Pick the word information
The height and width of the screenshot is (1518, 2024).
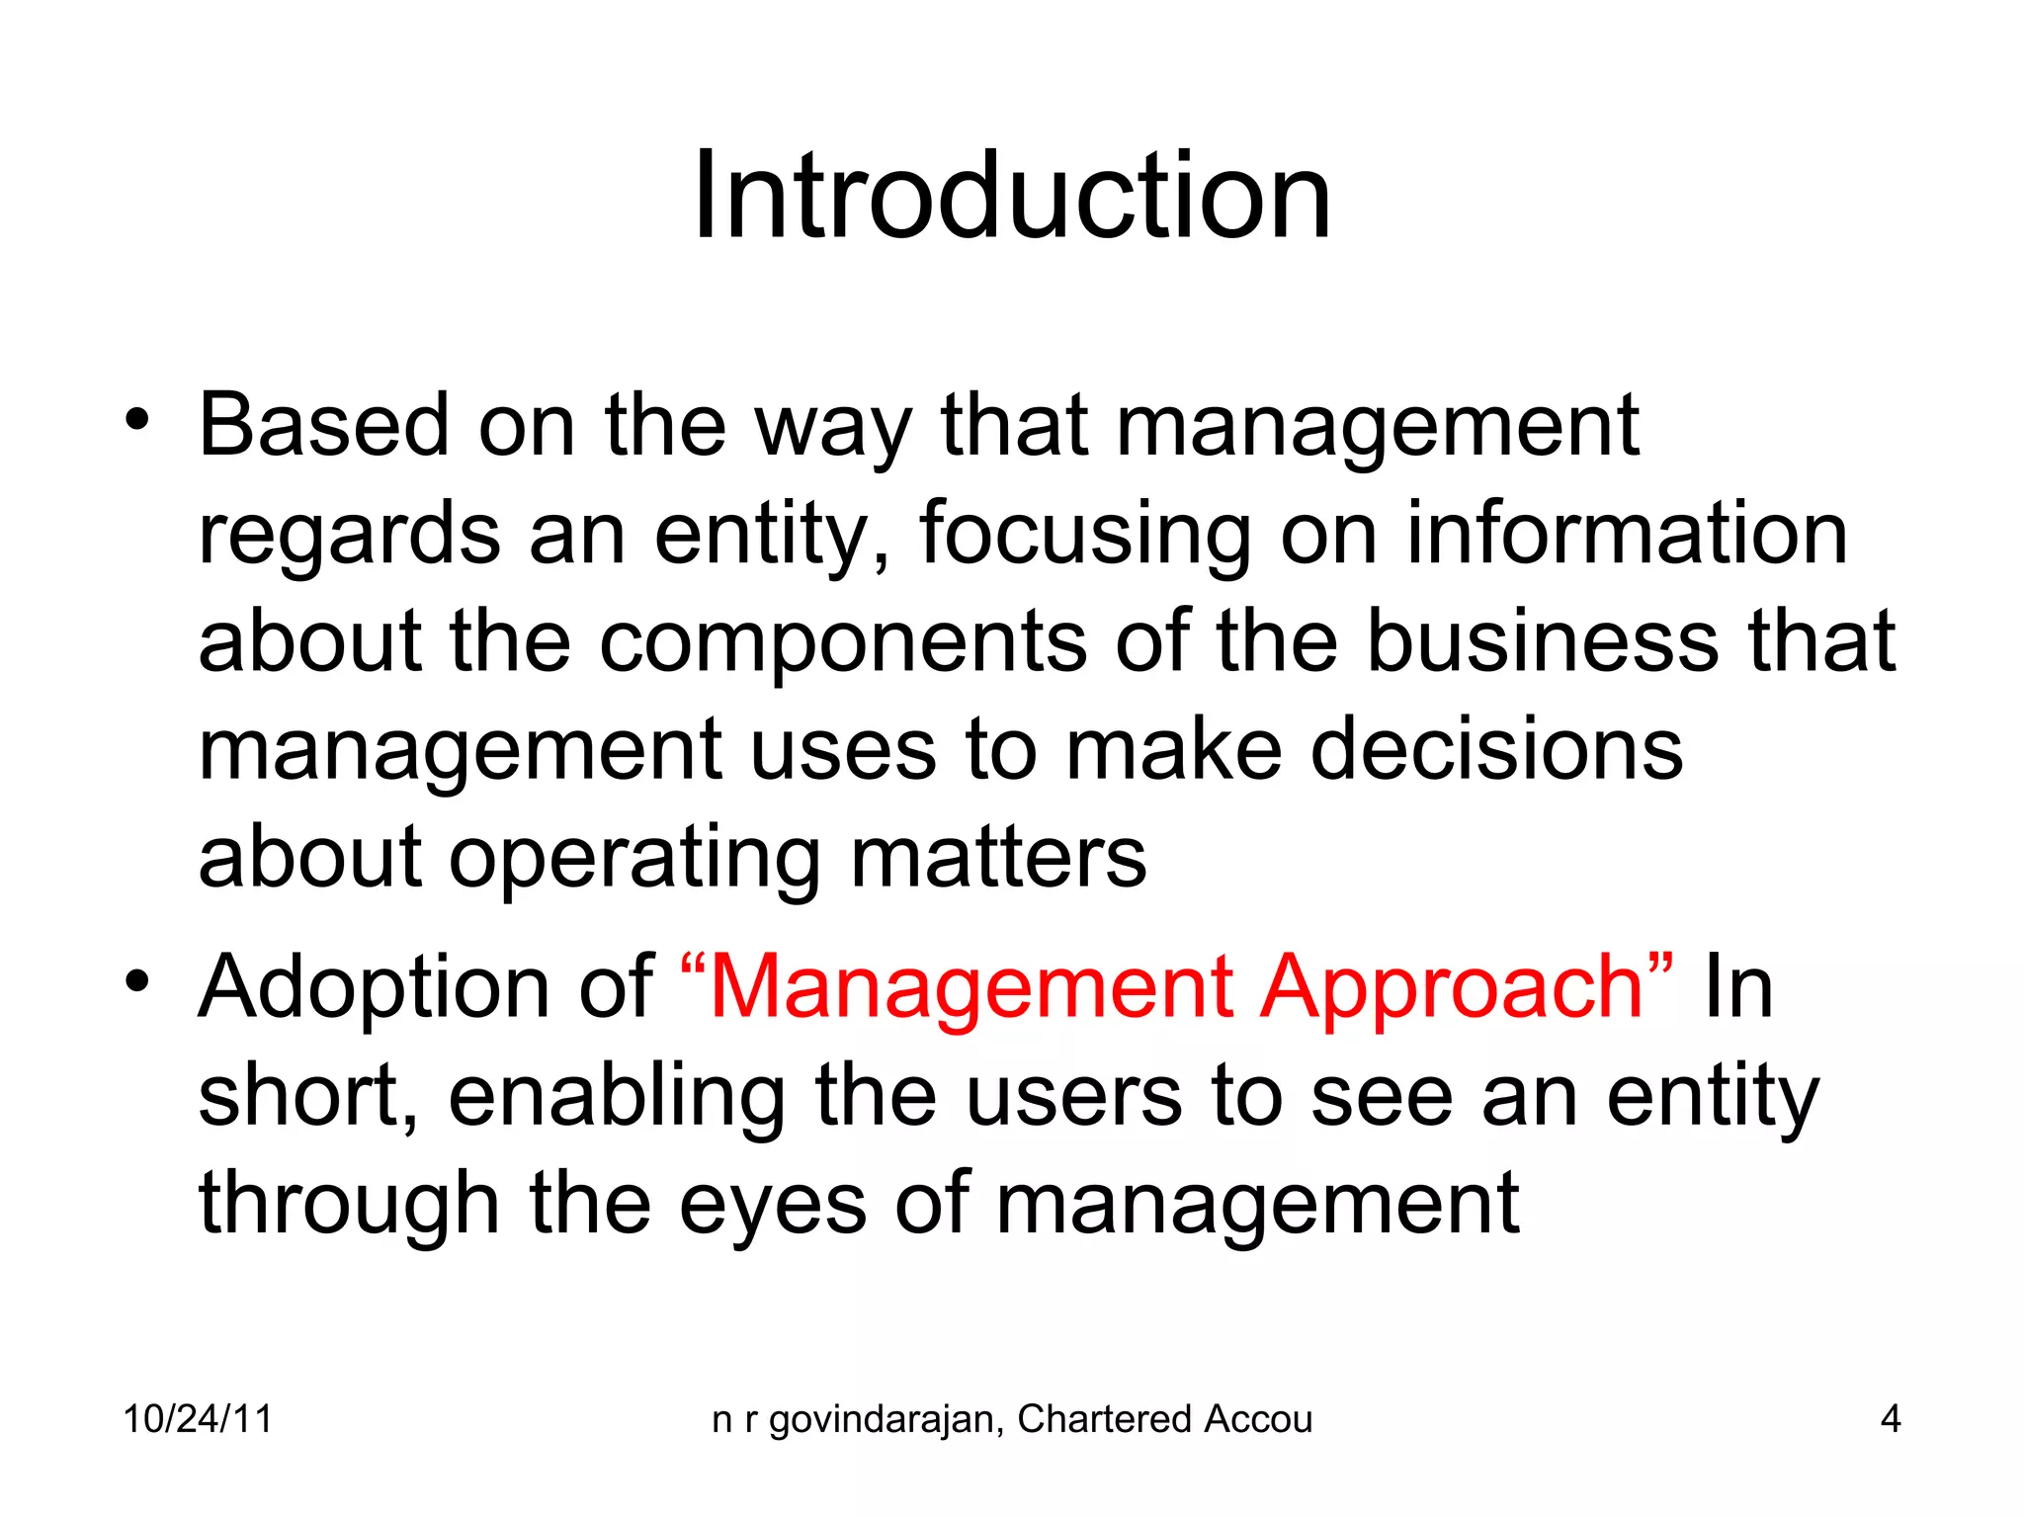click(x=1626, y=534)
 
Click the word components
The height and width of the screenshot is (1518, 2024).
click(x=843, y=642)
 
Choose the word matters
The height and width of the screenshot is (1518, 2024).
click(x=998, y=858)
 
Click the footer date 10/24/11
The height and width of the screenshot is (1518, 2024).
click(x=198, y=1419)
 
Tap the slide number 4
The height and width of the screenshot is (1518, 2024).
click(x=1890, y=1419)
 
